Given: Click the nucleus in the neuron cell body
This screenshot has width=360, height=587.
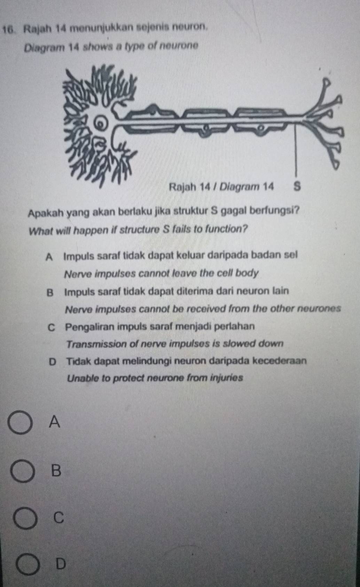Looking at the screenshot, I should pyautogui.click(x=101, y=122).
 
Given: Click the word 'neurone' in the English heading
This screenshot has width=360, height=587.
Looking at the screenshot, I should pyautogui.click(x=181, y=46).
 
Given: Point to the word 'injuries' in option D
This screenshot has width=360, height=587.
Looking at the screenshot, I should pyautogui.click(x=227, y=378).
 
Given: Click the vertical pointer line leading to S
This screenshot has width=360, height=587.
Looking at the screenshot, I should pyautogui.click(x=296, y=146).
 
